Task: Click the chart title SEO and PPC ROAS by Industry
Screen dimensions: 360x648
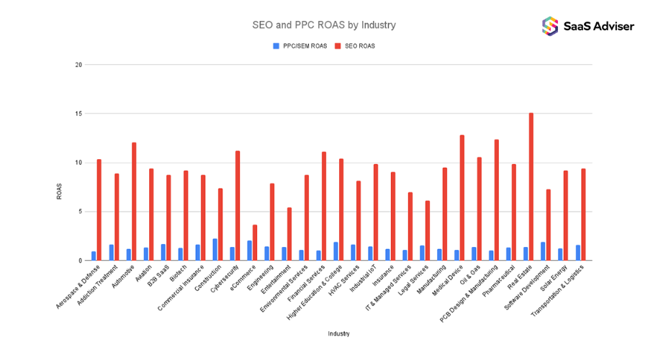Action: (x=323, y=25)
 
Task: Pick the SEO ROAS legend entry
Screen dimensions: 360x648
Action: (x=359, y=46)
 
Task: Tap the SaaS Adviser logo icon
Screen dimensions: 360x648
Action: (x=550, y=26)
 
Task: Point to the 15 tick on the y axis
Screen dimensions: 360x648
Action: (x=78, y=114)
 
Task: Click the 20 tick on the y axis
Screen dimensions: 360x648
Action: (x=78, y=65)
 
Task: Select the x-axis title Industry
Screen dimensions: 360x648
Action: (x=338, y=333)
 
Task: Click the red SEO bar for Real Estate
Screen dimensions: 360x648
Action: (x=531, y=186)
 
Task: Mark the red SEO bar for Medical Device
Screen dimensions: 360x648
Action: (x=462, y=198)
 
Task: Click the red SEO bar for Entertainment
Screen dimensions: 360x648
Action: (x=289, y=234)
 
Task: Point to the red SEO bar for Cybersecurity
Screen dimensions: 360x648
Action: (x=238, y=206)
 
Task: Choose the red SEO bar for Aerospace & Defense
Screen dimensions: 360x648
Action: (x=99, y=210)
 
